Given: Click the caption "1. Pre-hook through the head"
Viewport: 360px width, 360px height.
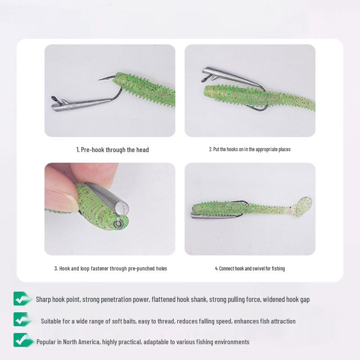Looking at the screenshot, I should (x=112, y=150).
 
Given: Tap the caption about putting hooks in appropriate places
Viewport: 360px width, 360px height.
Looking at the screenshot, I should (x=250, y=149).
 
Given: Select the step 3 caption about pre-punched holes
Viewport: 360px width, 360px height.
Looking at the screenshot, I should (x=111, y=269).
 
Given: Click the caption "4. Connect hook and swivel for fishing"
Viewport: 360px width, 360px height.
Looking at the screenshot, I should (x=250, y=269).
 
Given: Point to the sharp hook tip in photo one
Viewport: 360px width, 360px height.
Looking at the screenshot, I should (x=100, y=79).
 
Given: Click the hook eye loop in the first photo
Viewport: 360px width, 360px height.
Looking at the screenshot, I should (x=54, y=99).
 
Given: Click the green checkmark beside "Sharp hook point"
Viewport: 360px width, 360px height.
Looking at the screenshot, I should (x=21, y=299).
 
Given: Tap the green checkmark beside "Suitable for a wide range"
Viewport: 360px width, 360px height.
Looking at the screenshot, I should (x=21, y=319).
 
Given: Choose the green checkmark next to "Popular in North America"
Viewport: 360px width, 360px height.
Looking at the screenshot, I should (x=21, y=340).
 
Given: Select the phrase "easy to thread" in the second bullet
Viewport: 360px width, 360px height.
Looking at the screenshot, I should (x=169, y=321).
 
